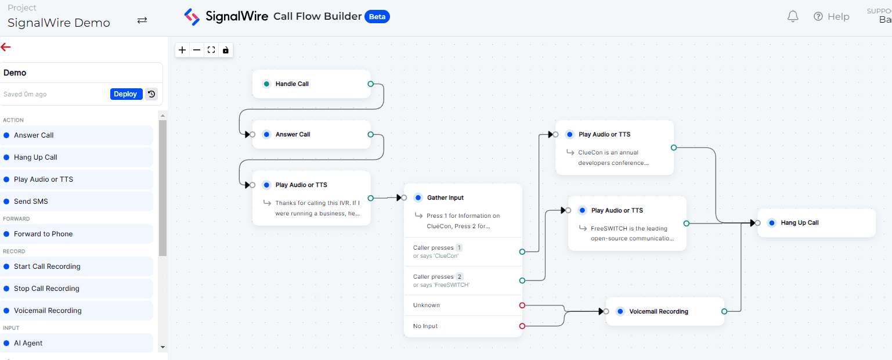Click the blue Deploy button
click(126, 94)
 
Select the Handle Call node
click(312, 84)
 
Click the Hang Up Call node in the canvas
click(817, 223)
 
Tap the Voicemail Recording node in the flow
click(665, 311)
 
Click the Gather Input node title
click(445, 197)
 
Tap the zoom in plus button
click(182, 50)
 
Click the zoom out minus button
click(197, 50)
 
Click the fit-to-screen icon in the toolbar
click(211, 50)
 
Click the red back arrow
click(6, 47)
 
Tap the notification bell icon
click(793, 16)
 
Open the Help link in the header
click(832, 16)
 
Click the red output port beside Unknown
click(522, 305)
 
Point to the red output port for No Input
click(522, 326)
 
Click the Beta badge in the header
click(377, 17)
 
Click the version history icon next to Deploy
click(151, 94)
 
